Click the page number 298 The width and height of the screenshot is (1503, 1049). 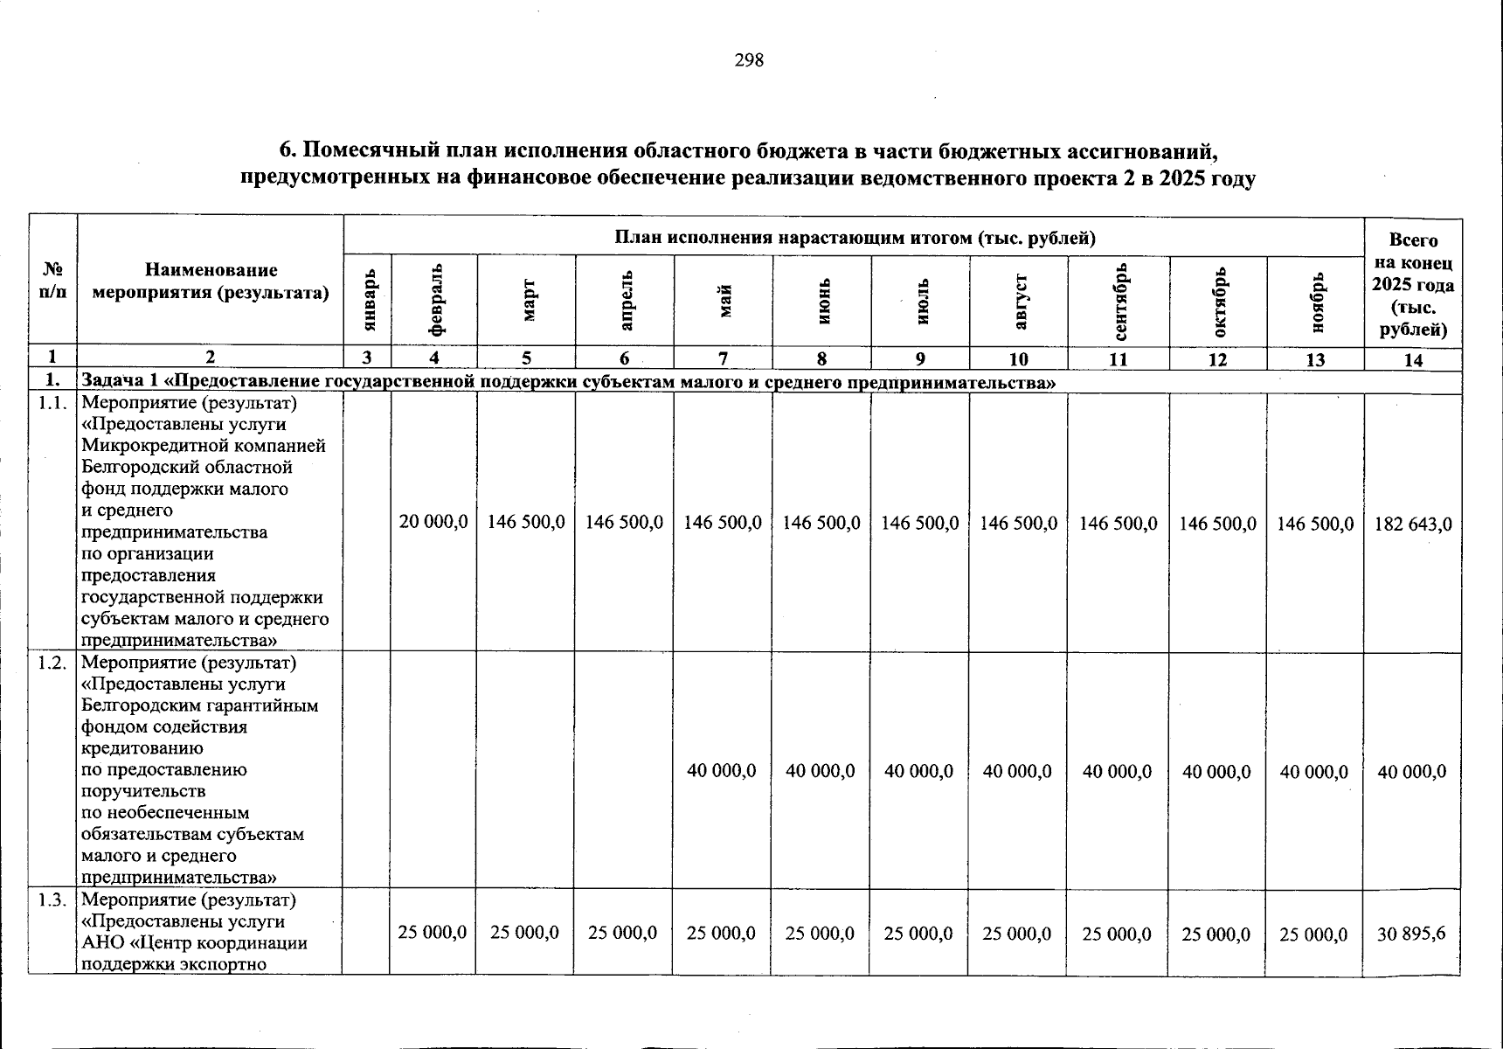coord(750,60)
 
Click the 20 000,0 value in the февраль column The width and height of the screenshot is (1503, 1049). coord(433,522)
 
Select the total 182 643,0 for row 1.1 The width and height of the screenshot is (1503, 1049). coord(1413,524)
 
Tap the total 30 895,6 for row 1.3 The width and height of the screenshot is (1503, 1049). coord(1411,933)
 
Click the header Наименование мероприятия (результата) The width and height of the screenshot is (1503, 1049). coord(211,281)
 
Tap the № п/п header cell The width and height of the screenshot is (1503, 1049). coord(52,281)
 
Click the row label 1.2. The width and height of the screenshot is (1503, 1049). coord(52,663)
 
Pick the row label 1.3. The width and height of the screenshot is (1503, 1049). coord(52,900)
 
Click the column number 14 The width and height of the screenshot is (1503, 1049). coord(1412,359)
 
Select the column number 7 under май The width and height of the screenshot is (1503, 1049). coord(722,359)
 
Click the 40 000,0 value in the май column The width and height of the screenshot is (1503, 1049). coord(722,771)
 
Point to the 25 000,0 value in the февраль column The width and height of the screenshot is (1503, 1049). coord(433,933)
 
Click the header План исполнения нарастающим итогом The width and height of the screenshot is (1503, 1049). coord(855,237)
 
